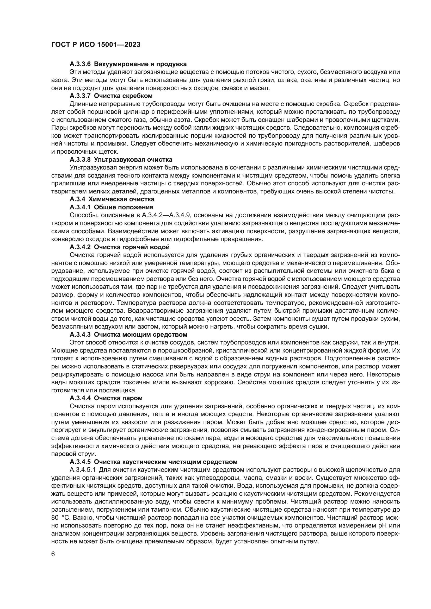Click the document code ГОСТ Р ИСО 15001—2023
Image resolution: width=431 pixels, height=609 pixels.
96,45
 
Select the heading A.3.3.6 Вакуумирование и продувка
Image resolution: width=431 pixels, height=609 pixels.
128,64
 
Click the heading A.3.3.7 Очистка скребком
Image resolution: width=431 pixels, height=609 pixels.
111,96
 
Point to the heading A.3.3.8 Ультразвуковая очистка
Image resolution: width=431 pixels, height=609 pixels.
121,159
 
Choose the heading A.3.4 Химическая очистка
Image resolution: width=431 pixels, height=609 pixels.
112,199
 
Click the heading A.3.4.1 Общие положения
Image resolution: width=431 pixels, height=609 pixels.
112,207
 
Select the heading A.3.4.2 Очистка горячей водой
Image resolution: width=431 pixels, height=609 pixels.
119,247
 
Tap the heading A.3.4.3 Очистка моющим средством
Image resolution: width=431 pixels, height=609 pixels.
128,334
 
